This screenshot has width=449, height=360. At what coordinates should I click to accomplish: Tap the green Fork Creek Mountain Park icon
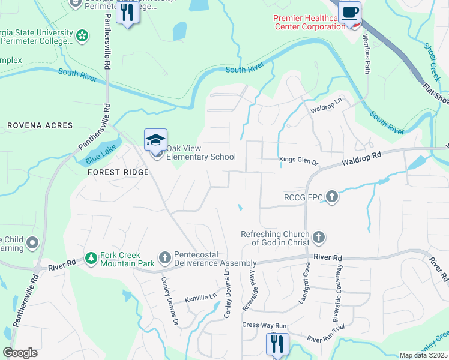(x=91, y=258)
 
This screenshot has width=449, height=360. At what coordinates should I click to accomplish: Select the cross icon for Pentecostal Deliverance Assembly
(x=165, y=258)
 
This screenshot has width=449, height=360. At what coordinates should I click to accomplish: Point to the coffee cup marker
(x=349, y=12)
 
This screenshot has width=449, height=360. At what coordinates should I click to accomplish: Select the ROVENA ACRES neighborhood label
(x=40, y=125)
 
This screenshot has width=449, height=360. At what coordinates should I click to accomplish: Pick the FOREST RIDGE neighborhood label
(x=118, y=171)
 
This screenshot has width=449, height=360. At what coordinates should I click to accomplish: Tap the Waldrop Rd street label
(x=362, y=159)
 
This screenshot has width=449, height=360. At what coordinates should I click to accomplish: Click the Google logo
(x=20, y=353)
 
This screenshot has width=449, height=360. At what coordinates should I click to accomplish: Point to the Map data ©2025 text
(x=423, y=355)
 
